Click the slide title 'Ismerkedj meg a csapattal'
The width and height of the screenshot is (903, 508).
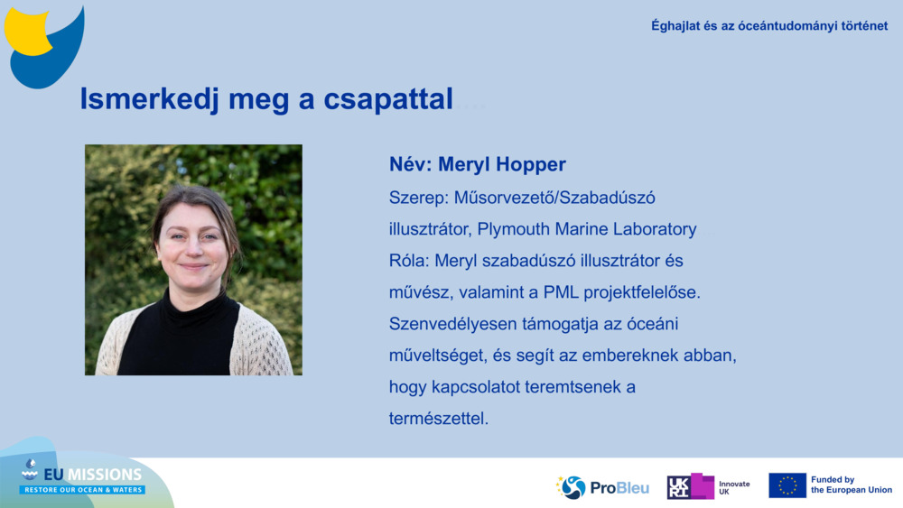pyautogui.click(x=266, y=99)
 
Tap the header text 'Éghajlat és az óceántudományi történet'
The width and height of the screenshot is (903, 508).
pyautogui.click(x=769, y=25)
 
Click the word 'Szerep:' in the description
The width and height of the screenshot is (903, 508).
pyautogui.click(x=417, y=197)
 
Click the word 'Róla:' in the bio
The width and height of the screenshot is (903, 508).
pyautogui.click(x=409, y=261)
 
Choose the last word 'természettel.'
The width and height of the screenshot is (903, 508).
pyautogui.click(x=439, y=419)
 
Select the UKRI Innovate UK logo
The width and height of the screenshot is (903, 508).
pyautogui.click(x=709, y=486)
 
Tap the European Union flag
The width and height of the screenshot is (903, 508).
pyautogui.click(x=787, y=485)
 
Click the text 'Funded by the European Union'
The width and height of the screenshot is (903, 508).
pyautogui.click(x=851, y=485)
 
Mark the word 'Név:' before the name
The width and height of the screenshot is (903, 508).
pyautogui.click(x=411, y=164)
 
